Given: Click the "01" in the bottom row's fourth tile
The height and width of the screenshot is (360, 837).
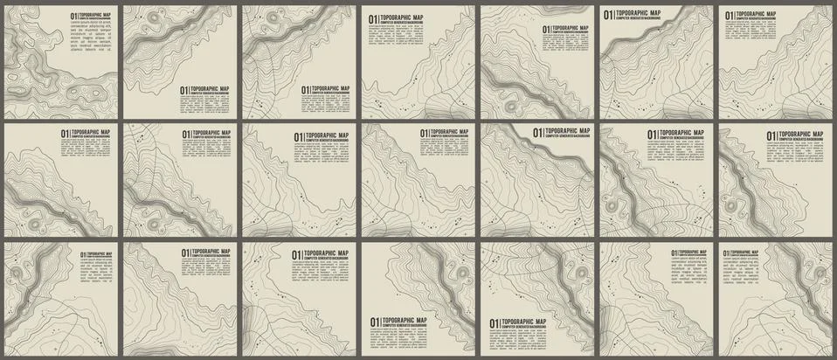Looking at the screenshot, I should click(374, 323).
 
